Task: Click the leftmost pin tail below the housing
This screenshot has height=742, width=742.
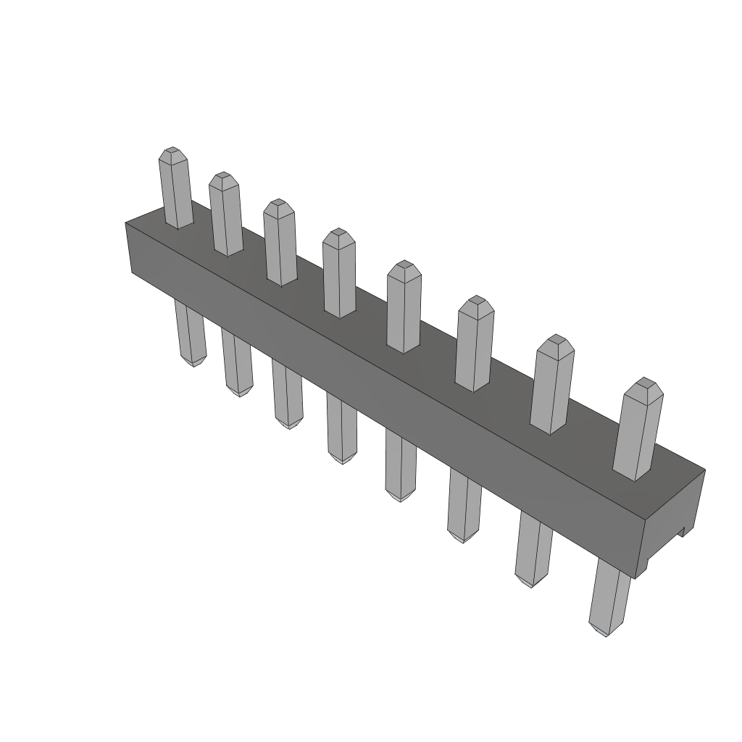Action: point(191,333)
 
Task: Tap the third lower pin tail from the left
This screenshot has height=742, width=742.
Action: point(288,395)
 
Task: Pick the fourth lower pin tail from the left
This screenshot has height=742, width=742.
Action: point(341,428)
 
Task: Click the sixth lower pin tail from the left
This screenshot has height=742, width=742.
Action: point(464,505)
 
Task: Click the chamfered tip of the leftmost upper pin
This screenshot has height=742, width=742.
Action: point(172,154)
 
